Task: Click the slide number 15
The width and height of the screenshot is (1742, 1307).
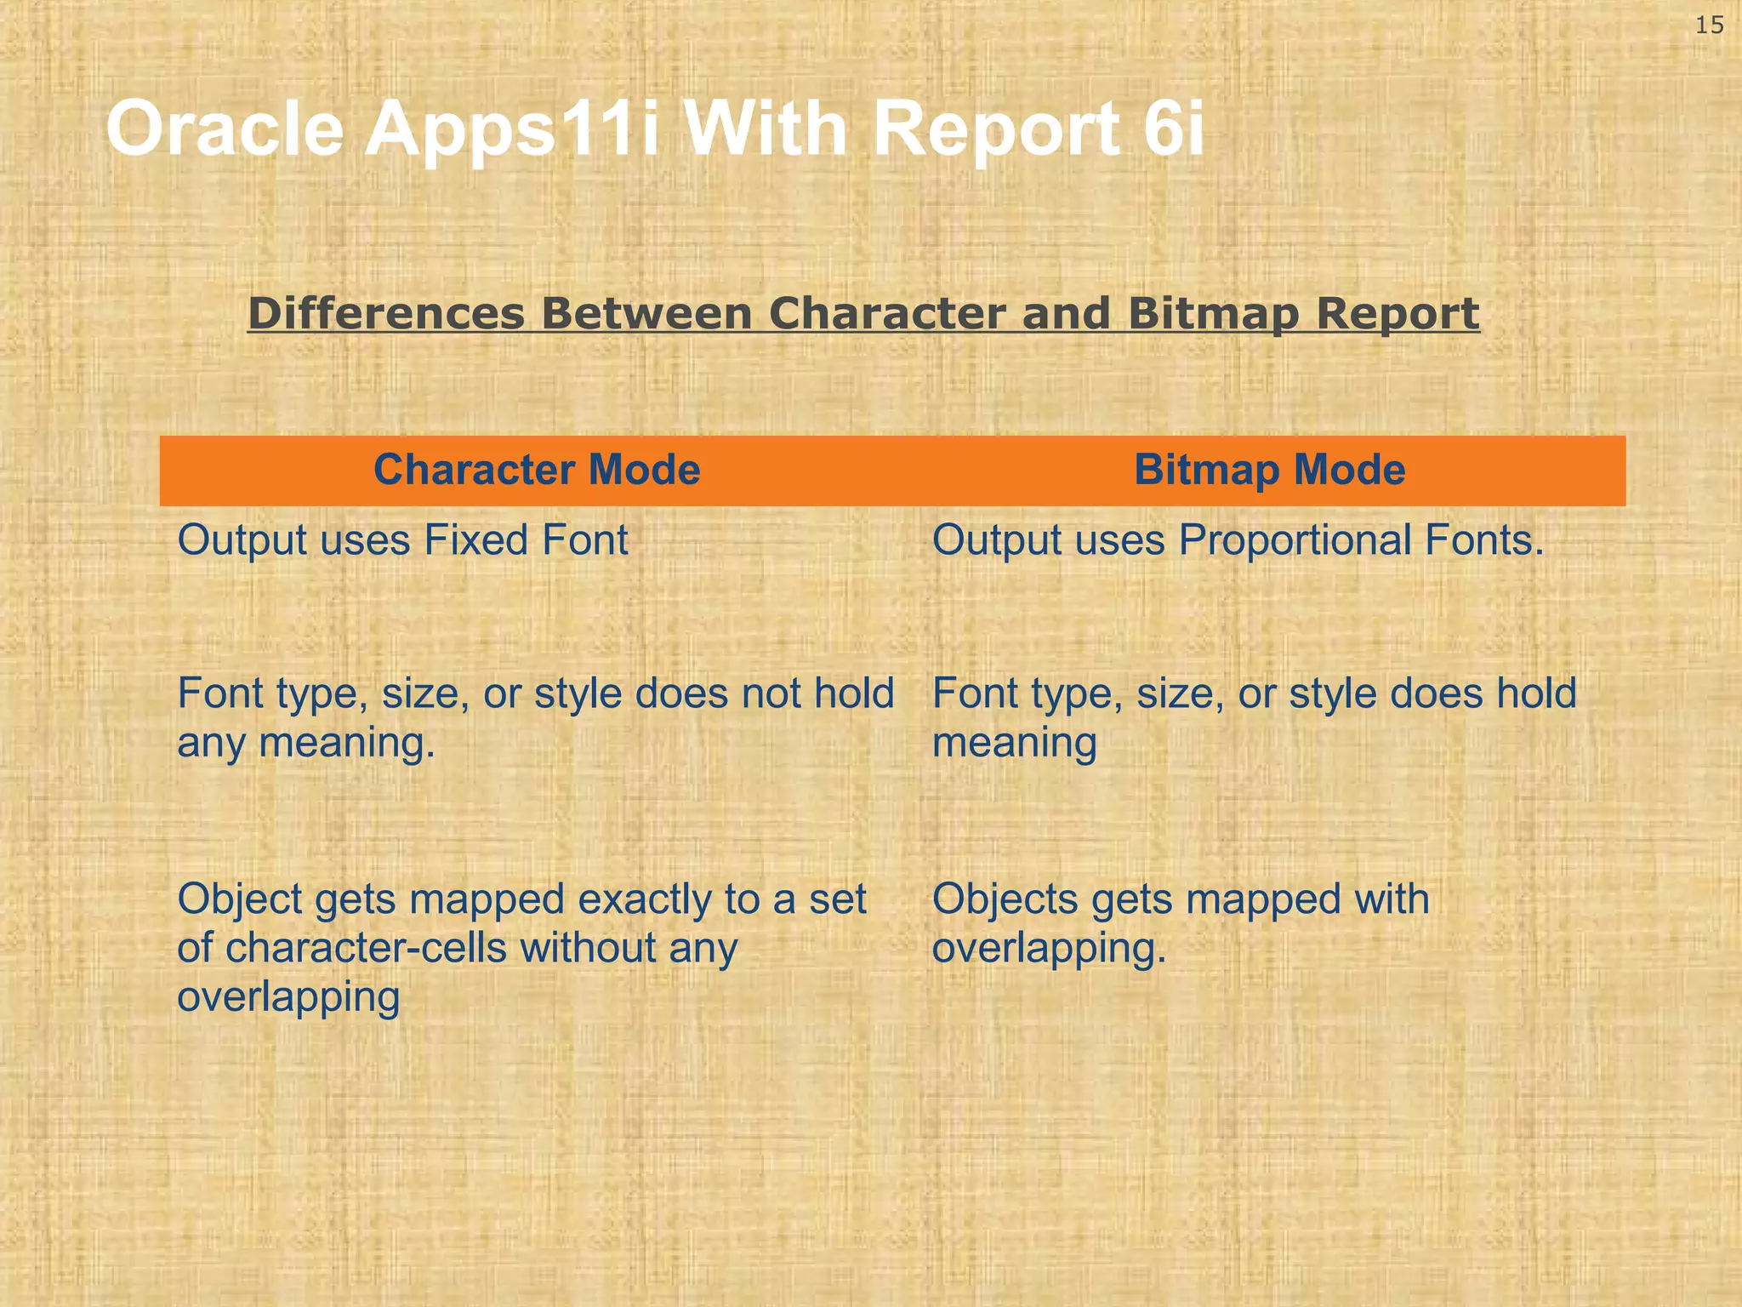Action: pyautogui.click(x=1709, y=26)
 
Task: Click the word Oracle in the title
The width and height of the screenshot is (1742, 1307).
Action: pyautogui.click(x=225, y=129)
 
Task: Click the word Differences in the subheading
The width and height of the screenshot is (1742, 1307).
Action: pyautogui.click(x=386, y=313)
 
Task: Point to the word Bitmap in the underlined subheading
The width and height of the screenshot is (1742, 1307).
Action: pyautogui.click(x=1215, y=313)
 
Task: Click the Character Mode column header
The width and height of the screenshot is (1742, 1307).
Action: pyautogui.click(x=537, y=470)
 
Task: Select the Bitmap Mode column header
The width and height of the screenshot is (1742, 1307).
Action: pyautogui.click(x=1269, y=470)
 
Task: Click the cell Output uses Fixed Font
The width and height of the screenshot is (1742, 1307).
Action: pyautogui.click(x=402, y=540)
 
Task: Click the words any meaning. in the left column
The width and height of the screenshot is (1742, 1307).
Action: pyautogui.click(x=306, y=742)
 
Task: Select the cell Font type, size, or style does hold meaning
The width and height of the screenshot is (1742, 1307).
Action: pyautogui.click(x=1254, y=716)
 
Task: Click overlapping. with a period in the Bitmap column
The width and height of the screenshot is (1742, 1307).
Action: pyautogui.click(x=1049, y=948)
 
